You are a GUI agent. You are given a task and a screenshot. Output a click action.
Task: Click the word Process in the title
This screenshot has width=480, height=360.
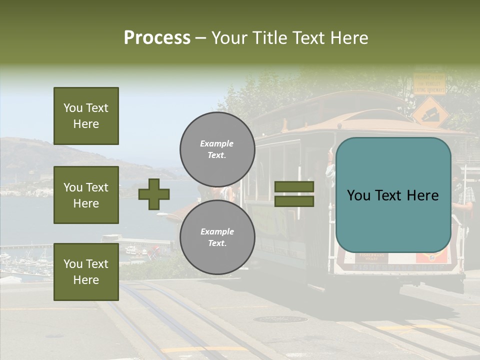point(157,38)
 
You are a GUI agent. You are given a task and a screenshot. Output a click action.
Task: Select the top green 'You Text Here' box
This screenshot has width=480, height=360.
point(86,116)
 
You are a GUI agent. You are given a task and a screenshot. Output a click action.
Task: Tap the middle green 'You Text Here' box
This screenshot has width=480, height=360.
point(86,195)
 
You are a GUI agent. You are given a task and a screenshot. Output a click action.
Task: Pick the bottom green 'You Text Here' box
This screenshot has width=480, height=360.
point(86,271)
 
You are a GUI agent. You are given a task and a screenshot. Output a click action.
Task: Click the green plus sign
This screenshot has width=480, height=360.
point(154,194)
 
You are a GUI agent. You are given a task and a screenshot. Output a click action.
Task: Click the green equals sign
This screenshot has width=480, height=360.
point(294,194)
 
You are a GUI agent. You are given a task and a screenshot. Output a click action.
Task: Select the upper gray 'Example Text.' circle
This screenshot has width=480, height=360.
point(217,149)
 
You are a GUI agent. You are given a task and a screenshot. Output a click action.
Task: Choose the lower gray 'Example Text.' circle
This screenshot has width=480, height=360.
point(217,237)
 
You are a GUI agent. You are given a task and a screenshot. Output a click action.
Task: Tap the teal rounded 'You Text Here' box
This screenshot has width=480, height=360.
point(393,195)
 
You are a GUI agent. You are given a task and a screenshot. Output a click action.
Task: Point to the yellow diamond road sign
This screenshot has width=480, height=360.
point(430,111)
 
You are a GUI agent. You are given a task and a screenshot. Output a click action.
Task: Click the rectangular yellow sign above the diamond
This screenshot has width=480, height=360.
point(428,83)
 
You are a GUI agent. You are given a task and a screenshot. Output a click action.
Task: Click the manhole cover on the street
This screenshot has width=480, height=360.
point(280,319)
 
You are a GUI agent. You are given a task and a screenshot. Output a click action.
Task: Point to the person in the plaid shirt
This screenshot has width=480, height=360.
point(464,195)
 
